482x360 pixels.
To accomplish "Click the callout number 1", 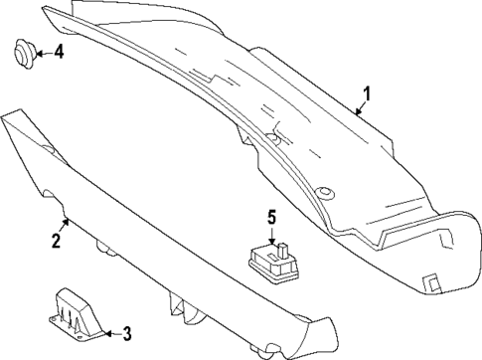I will click(367, 94).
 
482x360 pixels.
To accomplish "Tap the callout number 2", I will click(57, 240).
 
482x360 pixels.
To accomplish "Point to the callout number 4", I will click(59, 52).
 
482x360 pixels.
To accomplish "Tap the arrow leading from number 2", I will click(63, 225).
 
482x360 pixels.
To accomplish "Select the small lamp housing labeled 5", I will click(272, 261).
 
